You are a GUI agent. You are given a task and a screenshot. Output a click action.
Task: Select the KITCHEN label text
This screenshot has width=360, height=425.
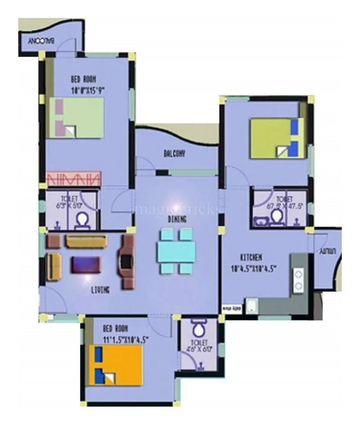click(x=251, y=258)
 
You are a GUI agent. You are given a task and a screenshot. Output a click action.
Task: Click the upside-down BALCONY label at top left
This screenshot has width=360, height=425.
click(x=42, y=41)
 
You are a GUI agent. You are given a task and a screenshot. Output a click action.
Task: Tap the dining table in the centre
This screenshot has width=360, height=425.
click(x=176, y=251)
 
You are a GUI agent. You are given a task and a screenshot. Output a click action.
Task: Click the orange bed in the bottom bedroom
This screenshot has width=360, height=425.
click(x=115, y=365)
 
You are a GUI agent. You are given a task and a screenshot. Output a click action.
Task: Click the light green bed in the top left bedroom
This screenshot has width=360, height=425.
click(x=76, y=118)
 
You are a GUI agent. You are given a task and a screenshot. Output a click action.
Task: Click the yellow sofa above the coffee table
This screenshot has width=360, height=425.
click(x=86, y=241)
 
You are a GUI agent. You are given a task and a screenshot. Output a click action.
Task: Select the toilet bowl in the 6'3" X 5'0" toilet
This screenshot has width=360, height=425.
click(x=82, y=220)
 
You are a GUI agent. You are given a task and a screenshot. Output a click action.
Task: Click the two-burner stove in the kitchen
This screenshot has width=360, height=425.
click(x=299, y=279)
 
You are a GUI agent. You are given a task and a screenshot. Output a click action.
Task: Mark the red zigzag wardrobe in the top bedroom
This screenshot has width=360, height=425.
click(x=72, y=178)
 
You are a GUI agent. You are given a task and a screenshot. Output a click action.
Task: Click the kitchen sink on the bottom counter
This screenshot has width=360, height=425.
click(x=252, y=306)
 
